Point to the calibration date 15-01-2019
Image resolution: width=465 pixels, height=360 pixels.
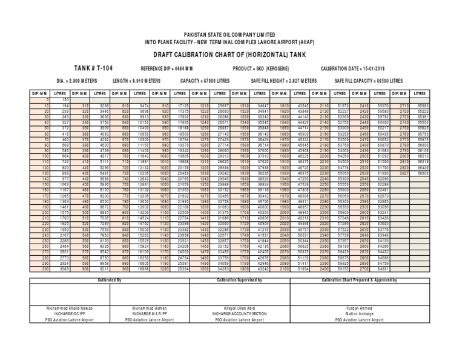(372, 69)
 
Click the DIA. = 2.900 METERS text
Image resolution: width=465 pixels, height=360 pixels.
(77, 80)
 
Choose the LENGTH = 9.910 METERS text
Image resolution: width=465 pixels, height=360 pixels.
(137, 80)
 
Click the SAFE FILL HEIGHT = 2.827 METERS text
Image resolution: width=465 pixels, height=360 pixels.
(286, 80)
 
